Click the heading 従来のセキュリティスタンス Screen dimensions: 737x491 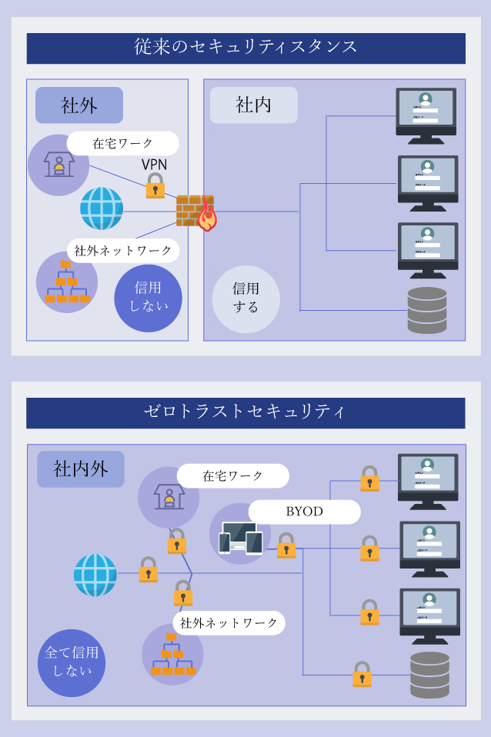pyautogui.click(x=245, y=48)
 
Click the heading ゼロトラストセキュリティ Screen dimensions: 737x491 pyautogui.click(x=245, y=412)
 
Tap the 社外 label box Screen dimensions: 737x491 pyautogui.click(x=78, y=105)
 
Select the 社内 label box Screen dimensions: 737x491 pyautogui.click(x=253, y=105)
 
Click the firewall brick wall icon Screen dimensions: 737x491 pyautogui.click(x=193, y=210)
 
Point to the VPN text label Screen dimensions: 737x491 pyautogui.click(x=154, y=165)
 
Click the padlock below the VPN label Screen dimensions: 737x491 pyautogui.click(x=155, y=186)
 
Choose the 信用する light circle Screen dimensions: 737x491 pyautogui.click(x=245, y=298)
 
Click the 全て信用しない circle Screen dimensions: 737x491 pyautogui.click(x=71, y=662)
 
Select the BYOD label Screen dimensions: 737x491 pyautogui.click(x=305, y=512)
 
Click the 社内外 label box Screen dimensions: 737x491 pyautogui.click(x=80, y=469)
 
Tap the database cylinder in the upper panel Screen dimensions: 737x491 pyautogui.click(x=427, y=309)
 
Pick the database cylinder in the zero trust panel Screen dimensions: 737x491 pyautogui.click(x=429, y=674)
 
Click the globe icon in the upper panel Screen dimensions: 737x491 pyautogui.click(x=102, y=208)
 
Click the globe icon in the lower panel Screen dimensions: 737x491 pyautogui.click(x=95, y=575)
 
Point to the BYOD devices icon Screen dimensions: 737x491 pyautogui.click(x=240, y=538)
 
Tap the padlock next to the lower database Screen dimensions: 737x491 pyautogui.click(x=362, y=674)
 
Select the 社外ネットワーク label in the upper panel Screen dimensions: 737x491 pyautogui.click(x=123, y=251)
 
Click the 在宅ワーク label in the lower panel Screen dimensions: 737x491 pyautogui.click(x=232, y=476)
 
